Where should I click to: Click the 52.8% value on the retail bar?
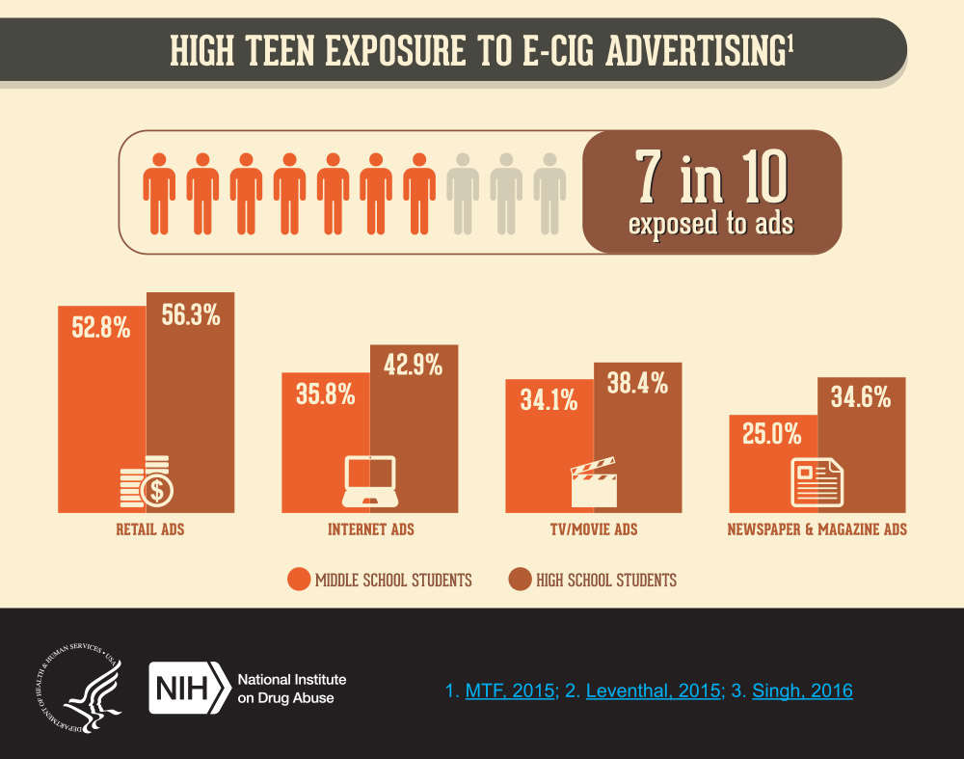tap(100, 328)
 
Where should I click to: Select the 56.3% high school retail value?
tap(191, 315)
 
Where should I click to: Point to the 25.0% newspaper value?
tap(772, 435)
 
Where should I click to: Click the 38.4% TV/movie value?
tap(637, 383)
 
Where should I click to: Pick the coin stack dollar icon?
tap(146, 482)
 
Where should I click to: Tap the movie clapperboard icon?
tap(593, 483)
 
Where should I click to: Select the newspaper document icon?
tap(817, 482)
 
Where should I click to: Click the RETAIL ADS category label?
tap(149, 529)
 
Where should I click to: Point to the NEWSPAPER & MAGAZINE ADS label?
tap(817, 529)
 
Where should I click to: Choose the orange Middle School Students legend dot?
tap(299, 580)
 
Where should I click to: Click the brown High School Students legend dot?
tap(520, 580)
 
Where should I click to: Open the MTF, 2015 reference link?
tap(510, 691)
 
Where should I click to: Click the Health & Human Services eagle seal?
tap(84, 688)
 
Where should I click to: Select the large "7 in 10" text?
tap(711, 177)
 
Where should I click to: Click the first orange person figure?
tap(159, 193)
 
